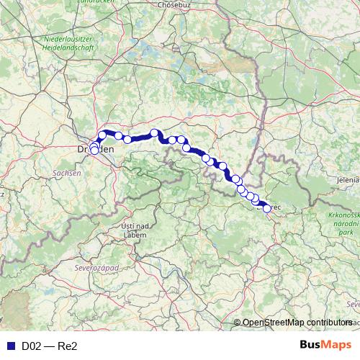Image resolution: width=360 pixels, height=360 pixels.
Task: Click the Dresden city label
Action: pyautogui.click(x=96, y=149)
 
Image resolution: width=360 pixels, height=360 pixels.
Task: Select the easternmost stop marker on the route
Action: pyautogui.click(x=267, y=209)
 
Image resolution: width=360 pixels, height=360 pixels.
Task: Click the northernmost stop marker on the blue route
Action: pyautogui.click(x=154, y=132)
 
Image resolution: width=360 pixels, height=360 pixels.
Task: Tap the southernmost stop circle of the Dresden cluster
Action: pyautogui.click(x=94, y=151)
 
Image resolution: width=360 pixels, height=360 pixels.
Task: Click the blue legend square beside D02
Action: pyautogui.click(x=10, y=346)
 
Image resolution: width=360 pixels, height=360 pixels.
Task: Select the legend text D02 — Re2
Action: pyautogui.click(x=49, y=346)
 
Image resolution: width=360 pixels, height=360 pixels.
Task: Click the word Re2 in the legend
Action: pyautogui.click(x=67, y=346)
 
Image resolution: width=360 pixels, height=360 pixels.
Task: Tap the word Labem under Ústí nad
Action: pyautogui.click(x=135, y=235)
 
